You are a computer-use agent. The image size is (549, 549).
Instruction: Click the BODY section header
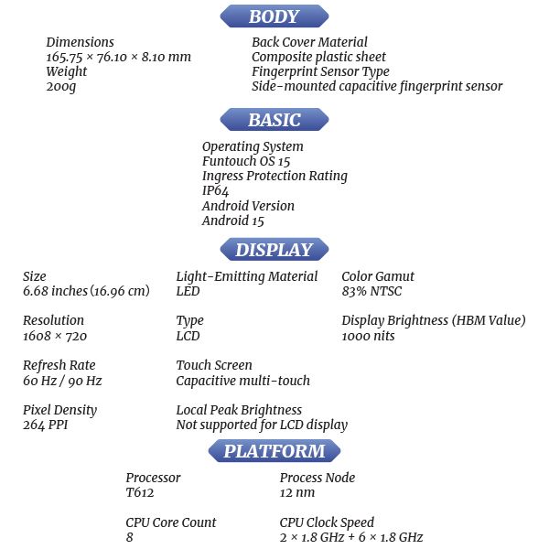coord(274,16)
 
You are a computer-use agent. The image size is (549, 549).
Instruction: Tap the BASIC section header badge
coord(274,120)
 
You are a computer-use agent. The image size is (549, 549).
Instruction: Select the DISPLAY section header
coord(274,250)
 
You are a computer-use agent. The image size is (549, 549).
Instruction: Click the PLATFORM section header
coord(274,451)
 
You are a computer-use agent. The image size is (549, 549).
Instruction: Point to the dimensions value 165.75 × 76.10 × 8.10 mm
coord(118,57)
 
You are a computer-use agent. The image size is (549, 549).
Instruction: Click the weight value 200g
coord(60,87)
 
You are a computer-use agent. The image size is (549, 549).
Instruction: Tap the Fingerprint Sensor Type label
coord(320,71)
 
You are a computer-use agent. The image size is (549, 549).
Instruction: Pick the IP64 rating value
coord(215,190)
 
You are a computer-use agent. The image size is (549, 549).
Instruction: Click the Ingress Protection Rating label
coord(274,176)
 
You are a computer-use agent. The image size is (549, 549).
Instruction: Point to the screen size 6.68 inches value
coord(85,291)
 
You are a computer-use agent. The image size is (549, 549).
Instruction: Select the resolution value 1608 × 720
coord(54,336)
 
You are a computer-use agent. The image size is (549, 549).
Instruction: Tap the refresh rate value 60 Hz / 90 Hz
coord(62,381)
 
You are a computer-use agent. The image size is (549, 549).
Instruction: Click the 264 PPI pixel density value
coord(46,425)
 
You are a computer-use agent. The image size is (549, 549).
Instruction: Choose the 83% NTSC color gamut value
coord(371,291)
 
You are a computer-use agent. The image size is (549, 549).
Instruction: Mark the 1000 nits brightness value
coord(368,336)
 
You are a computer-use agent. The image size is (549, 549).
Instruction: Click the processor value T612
coord(140,492)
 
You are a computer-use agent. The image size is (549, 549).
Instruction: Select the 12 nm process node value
coord(296,492)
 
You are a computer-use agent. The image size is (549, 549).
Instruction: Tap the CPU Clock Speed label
coord(327,522)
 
